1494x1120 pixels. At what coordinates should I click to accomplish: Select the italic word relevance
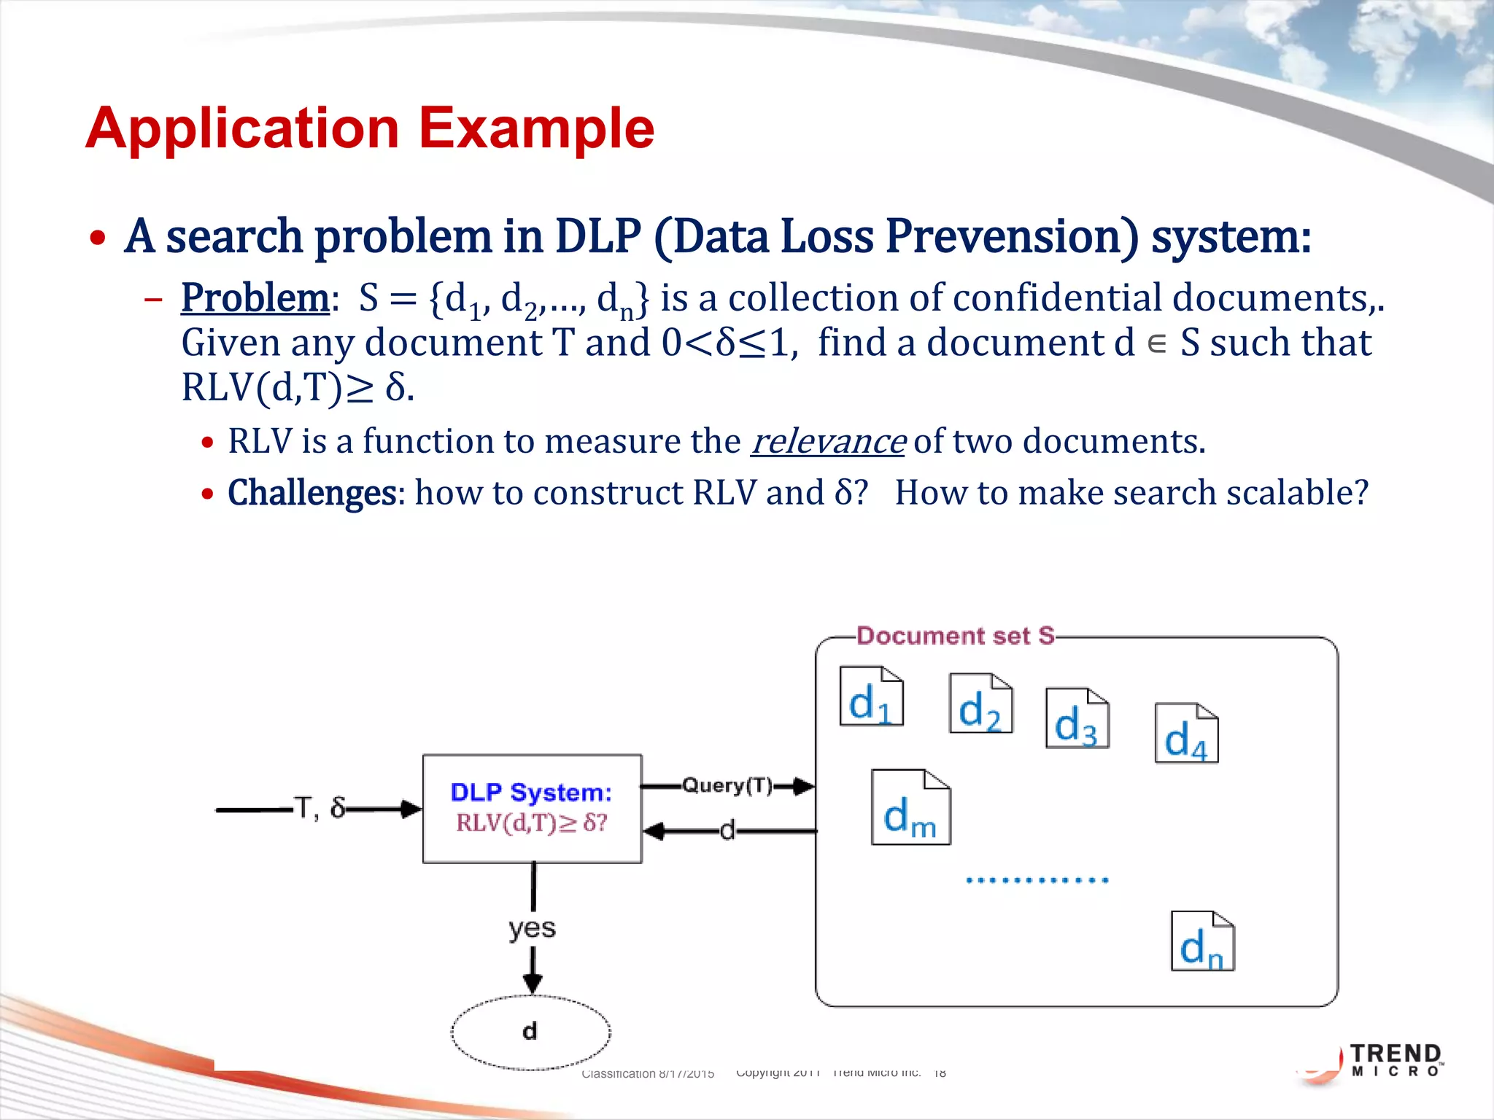(x=828, y=441)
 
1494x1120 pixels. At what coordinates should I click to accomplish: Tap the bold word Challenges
(x=312, y=492)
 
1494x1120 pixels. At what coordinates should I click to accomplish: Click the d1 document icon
(x=871, y=696)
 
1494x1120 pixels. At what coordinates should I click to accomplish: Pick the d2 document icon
(x=980, y=704)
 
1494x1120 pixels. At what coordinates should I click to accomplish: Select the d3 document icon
(x=1077, y=718)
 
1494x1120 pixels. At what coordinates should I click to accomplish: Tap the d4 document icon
(x=1186, y=734)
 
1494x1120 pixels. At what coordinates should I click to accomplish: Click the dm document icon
(x=910, y=807)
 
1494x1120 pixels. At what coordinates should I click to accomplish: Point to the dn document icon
(x=1202, y=941)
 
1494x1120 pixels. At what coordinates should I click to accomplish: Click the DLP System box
(x=532, y=809)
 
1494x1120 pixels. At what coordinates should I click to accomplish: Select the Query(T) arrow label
(x=727, y=785)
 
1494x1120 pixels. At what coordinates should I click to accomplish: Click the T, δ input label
(x=319, y=808)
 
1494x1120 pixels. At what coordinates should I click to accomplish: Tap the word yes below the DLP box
(x=532, y=928)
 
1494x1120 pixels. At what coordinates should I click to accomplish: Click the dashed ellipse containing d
(x=530, y=1032)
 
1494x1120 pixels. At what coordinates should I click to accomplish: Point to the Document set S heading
(x=955, y=636)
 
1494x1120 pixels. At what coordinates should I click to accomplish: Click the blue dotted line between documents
(x=1037, y=880)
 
